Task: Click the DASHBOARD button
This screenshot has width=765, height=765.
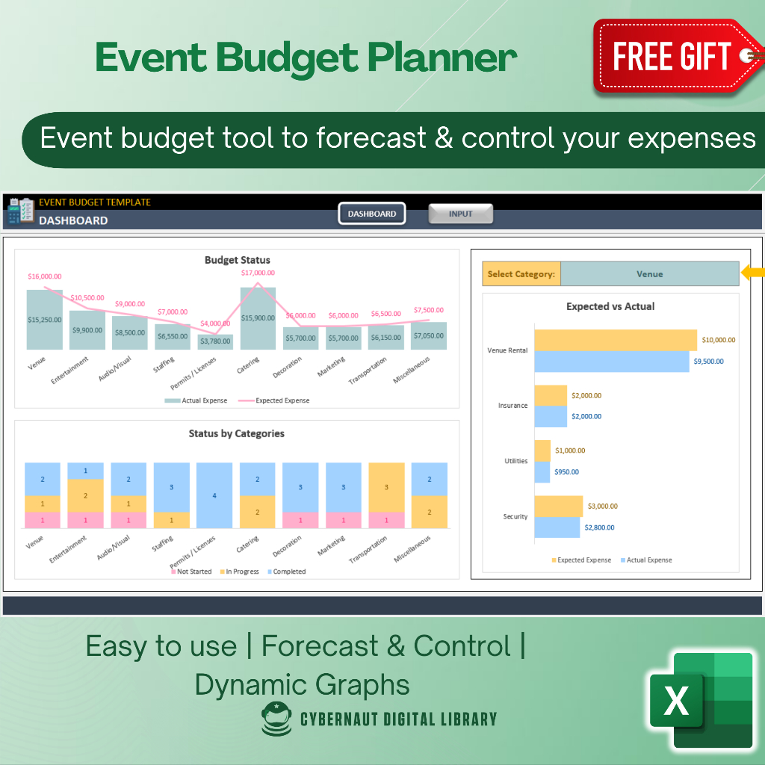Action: (372, 214)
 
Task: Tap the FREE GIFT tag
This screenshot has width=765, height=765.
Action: (672, 58)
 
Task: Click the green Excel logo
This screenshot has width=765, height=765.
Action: (700, 699)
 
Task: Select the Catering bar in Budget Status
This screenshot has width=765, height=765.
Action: (258, 318)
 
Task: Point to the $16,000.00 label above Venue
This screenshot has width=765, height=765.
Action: (45, 276)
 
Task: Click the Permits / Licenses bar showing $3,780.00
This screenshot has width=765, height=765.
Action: (215, 341)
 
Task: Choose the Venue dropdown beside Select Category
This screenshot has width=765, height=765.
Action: (649, 274)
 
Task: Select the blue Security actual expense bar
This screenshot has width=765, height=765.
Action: (557, 527)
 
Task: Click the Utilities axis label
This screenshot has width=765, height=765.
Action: (515, 461)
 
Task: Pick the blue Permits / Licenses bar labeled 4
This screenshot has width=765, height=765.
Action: (214, 495)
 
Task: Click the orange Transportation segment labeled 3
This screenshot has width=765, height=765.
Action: (386, 487)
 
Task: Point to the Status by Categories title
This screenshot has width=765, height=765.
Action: (236, 433)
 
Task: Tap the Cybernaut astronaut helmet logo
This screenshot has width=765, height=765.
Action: (276, 719)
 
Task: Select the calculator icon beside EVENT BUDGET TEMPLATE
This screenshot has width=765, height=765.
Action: (20, 211)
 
